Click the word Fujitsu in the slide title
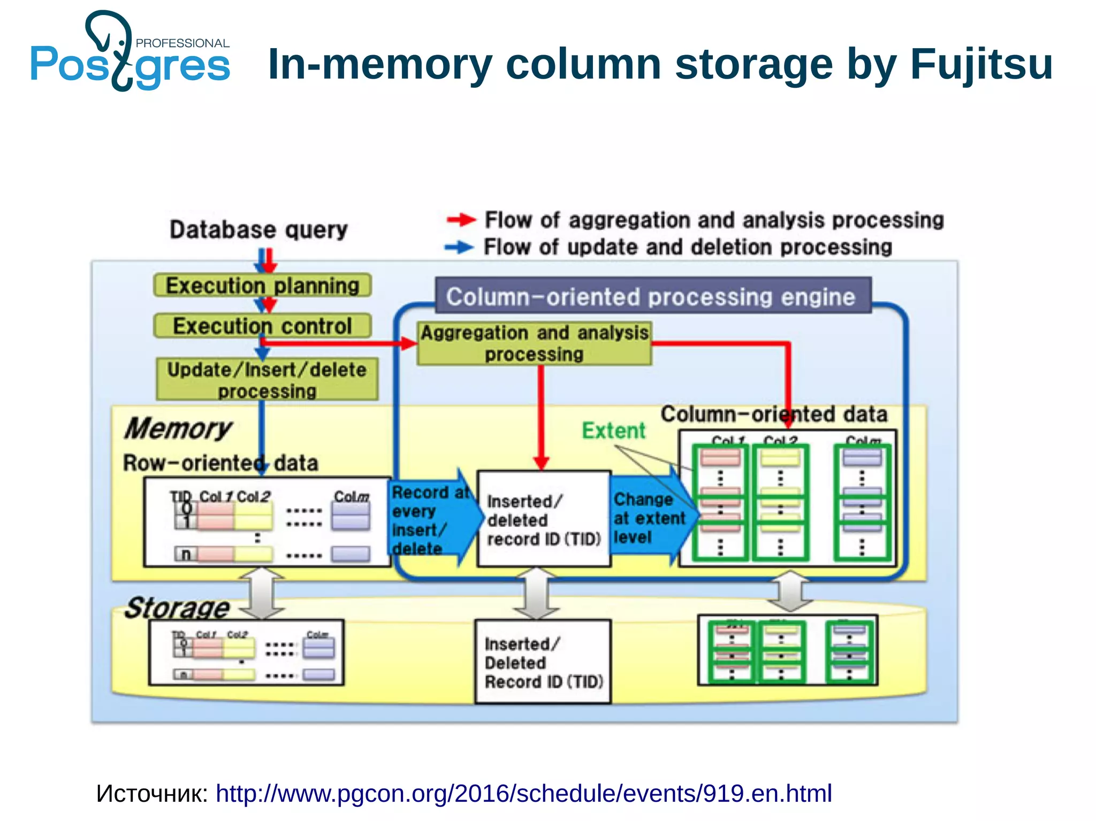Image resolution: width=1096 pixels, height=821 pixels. coord(981,64)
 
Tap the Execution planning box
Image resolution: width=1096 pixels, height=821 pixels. coord(262,286)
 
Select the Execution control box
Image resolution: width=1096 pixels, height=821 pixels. coord(262,326)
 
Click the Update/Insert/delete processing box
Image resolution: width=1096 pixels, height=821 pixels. coord(267,379)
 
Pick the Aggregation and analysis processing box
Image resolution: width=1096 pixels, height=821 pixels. coord(534,343)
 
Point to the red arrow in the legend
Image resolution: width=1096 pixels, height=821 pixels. coord(461,219)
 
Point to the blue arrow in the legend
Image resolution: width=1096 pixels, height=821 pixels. coord(459,247)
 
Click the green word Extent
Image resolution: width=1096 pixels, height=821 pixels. coord(613,431)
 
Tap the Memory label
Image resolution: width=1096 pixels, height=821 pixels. coord(178,428)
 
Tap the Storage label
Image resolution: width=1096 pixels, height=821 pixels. coord(177,608)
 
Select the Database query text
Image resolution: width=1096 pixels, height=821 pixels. coord(258,229)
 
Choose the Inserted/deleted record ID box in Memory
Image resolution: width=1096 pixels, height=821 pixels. coord(543,519)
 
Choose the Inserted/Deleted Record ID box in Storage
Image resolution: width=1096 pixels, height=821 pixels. coord(543,662)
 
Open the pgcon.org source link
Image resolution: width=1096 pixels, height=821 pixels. coord(523,793)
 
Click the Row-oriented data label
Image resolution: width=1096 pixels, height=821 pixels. coord(220,463)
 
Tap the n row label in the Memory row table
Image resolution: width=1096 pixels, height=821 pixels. coord(186,555)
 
